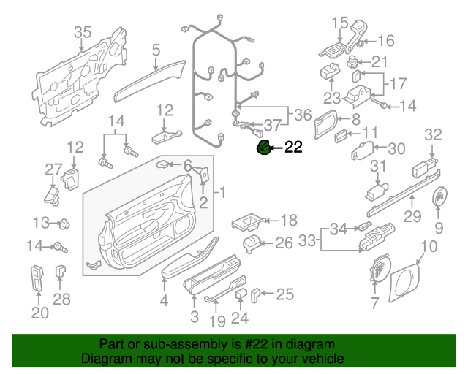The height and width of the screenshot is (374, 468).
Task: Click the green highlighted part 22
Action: coord(263,148)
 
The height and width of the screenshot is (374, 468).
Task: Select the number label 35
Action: coord(83,32)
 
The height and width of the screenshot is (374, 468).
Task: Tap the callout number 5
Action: coord(156,50)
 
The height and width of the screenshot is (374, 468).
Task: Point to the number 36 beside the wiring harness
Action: coord(302,115)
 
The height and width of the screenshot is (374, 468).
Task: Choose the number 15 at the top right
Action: coord(340,23)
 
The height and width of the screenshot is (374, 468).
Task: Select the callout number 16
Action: coord(385,40)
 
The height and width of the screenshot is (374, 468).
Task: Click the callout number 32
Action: coord(434,134)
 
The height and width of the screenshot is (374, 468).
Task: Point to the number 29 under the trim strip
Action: coord(412,216)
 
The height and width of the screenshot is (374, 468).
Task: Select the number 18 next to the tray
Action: coord(268,219)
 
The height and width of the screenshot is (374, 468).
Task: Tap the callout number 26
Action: coord(283,244)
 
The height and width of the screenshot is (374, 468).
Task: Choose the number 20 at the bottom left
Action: coord(39,313)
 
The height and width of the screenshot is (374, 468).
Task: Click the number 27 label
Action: coord(52,170)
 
